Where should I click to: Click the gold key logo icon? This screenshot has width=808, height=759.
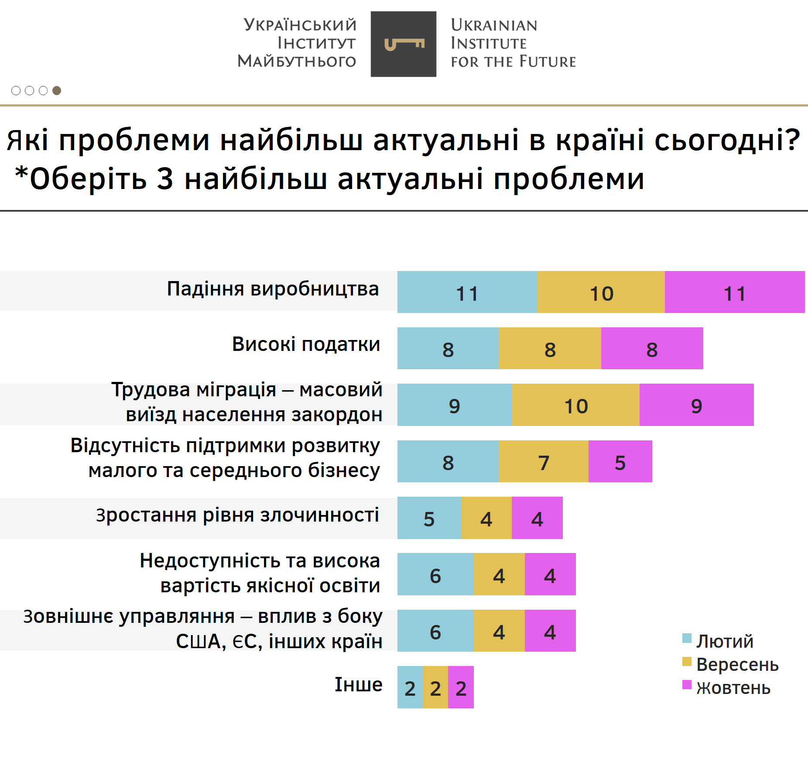pyautogui.click(x=404, y=44)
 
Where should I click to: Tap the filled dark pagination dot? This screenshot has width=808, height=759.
pyautogui.click(x=57, y=90)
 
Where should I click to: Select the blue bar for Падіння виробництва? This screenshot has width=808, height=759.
pyautogui.click(x=467, y=292)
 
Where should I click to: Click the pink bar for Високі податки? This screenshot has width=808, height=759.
pyautogui.click(x=652, y=348)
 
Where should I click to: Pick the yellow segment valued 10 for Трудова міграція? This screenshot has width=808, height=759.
pyautogui.click(x=575, y=405)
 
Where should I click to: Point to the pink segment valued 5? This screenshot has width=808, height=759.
pyautogui.click(x=620, y=461)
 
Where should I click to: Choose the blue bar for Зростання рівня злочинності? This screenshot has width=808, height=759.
pyautogui.click(x=429, y=518)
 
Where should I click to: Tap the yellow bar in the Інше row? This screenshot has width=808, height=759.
pyautogui.click(x=435, y=687)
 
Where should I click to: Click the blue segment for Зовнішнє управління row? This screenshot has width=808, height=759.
pyautogui.click(x=435, y=631)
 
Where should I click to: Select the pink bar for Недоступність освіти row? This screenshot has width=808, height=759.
pyautogui.click(x=550, y=574)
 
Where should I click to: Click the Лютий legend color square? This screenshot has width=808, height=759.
pyautogui.click(x=687, y=639)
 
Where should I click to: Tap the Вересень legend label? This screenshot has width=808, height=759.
pyautogui.click(x=737, y=664)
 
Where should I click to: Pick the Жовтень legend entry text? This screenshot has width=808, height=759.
pyautogui.click(x=733, y=688)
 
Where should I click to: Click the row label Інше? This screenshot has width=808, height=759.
pyautogui.click(x=358, y=684)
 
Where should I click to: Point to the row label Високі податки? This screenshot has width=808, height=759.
pyautogui.click(x=306, y=344)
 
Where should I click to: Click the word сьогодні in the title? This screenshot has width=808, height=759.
pyautogui.click(x=727, y=141)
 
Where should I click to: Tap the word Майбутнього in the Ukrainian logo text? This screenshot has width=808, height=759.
pyautogui.click(x=297, y=61)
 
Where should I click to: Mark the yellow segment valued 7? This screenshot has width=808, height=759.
pyautogui.click(x=543, y=461)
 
